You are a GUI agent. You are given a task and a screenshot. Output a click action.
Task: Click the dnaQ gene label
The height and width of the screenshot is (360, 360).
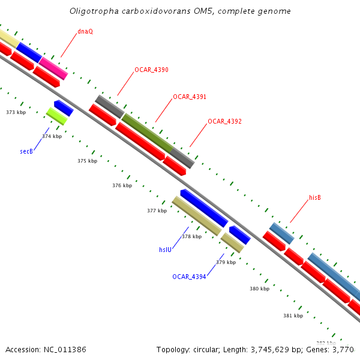coord(85,31)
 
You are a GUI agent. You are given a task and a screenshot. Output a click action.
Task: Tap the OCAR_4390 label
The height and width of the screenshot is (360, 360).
coord(151,70)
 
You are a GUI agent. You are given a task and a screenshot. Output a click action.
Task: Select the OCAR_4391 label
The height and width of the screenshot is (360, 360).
coord(190,97)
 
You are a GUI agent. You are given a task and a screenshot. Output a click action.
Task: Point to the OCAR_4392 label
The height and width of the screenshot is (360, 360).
coord(224,121)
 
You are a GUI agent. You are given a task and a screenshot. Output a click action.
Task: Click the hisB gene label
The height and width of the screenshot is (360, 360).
coord(315,197)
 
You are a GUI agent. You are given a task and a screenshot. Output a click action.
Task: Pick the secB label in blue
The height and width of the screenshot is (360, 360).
coord(26,151)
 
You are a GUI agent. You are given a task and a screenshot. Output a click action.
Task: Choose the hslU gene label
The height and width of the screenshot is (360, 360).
coord(166,249)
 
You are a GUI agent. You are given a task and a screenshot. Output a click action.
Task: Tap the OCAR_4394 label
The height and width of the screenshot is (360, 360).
coord(189,277)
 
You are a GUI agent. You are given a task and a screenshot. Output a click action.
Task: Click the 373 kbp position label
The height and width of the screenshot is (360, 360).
coord(16,112)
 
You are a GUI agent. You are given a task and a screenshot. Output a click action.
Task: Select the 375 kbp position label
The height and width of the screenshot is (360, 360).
coord(87,161)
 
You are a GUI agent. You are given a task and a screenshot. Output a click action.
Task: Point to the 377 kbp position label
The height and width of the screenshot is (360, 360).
coord(157,211)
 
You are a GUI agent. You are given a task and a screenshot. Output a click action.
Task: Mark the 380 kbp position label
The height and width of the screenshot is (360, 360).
coord(259,289)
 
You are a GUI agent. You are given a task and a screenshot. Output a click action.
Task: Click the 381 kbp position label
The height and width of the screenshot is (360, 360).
coord(293,315)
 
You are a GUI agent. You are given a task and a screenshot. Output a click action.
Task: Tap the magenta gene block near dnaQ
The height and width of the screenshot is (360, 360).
coord(53,68)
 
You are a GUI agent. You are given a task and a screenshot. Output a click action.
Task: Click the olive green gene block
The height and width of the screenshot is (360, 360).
coord(148,133)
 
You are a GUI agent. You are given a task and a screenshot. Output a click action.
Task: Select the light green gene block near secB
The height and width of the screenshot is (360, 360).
coord(56,116)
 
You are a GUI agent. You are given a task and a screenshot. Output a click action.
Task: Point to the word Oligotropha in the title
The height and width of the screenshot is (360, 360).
coord(89,11)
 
